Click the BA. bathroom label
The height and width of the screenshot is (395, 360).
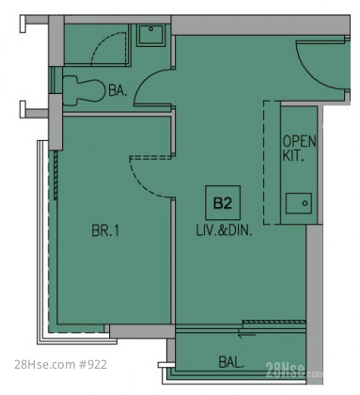pyautogui.click(x=117, y=90)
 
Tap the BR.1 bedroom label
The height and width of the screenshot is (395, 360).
pyautogui.click(x=105, y=231)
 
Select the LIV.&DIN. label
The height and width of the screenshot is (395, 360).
pyautogui.click(x=224, y=231)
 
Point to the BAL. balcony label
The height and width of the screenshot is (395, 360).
pyautogui.click(x=231, y=363)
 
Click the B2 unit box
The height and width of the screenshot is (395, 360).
pyautogui.click(x=223, y=203)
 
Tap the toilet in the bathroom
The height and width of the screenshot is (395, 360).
pyautogui.click(x=84, y=90)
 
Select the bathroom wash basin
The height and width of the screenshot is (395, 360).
pyautogui.click(x=150, y=35)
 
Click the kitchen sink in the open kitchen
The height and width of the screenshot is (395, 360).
pyautogui.click(x=299, y=203)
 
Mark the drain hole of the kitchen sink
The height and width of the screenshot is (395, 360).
pyautogui.click(x=305, y=203)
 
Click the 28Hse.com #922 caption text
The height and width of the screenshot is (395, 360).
pyautogui.click(x=61, y=364)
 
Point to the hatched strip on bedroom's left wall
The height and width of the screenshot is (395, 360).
pyautogui.click(x=55, y=175)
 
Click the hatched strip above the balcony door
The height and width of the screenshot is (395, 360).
pyautogui.click(x=274, y=322)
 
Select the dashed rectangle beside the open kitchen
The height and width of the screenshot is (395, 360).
pyautogui.click(x=272, y=163)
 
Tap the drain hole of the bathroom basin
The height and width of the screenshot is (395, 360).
pyautogui.click(x=151, y=29)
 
